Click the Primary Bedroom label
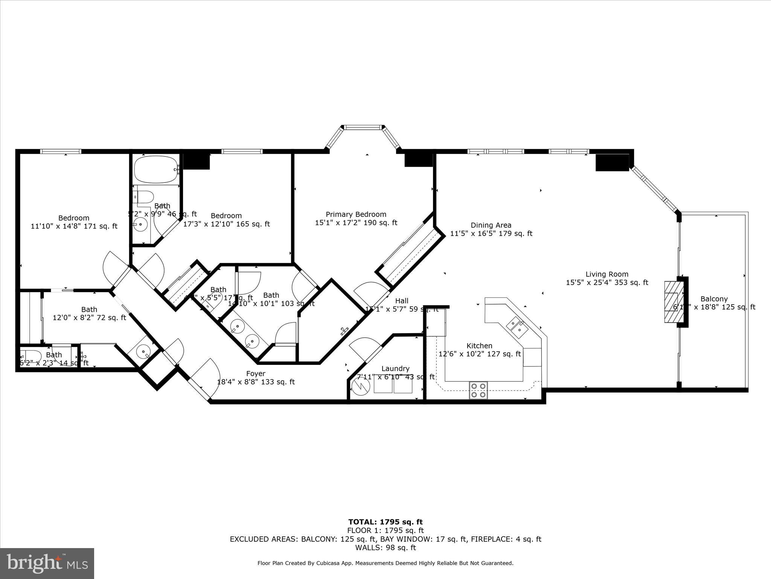[x=356, y=214]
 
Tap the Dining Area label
[x=491, y=225]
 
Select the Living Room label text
[x=607, y=274]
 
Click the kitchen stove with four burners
[x=478, y=390]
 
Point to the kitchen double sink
[x=517, y=326]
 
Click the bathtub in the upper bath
[x=156, y=169]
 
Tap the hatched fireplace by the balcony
[x=672, y=302]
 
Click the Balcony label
[x=714, y=299]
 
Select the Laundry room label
[x=395, y=369]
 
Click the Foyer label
[x=256, y=374]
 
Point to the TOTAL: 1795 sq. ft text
[x=385, y=522]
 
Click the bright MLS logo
[x=47, y=563]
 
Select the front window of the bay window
[x=363, y=127]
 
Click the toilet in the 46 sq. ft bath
[x=145, y=197]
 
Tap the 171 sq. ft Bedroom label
[x=74, y=218]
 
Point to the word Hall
[x=402, y=301]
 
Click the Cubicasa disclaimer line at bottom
[x=385, y=574]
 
